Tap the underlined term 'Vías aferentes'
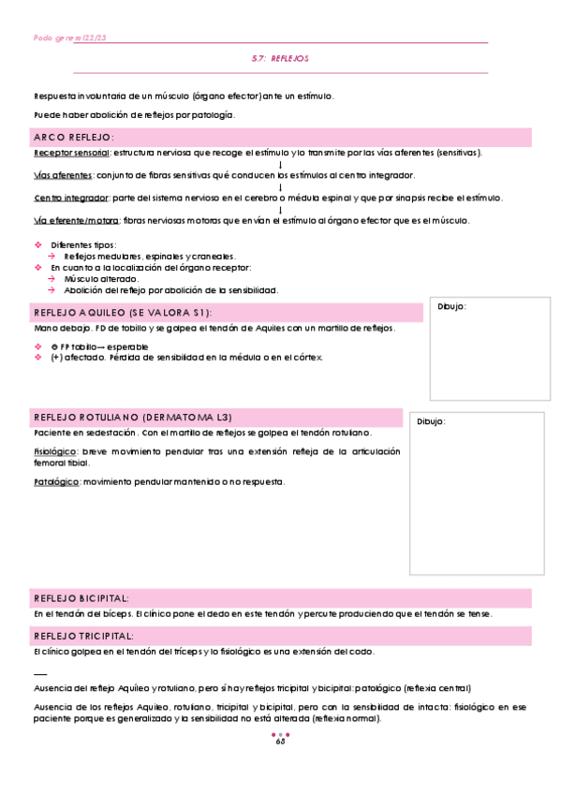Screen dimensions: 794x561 pos(63,175)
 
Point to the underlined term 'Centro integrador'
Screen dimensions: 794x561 pos(70,198)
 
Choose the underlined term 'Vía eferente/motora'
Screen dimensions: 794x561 pos(76,220)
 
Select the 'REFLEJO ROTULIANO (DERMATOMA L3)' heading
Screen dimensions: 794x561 pos(132,417)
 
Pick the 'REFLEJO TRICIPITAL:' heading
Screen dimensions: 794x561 pos(83,636)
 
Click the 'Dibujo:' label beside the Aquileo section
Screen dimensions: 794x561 pos(451,306)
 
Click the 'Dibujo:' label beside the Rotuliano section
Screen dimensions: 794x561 pos(431,420)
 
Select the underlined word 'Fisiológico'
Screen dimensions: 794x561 pos(55,451)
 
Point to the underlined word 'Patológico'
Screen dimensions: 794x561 pos(55,481)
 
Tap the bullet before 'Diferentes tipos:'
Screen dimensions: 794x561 pos(37,244)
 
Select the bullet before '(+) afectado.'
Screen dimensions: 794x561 pos(37,357)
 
